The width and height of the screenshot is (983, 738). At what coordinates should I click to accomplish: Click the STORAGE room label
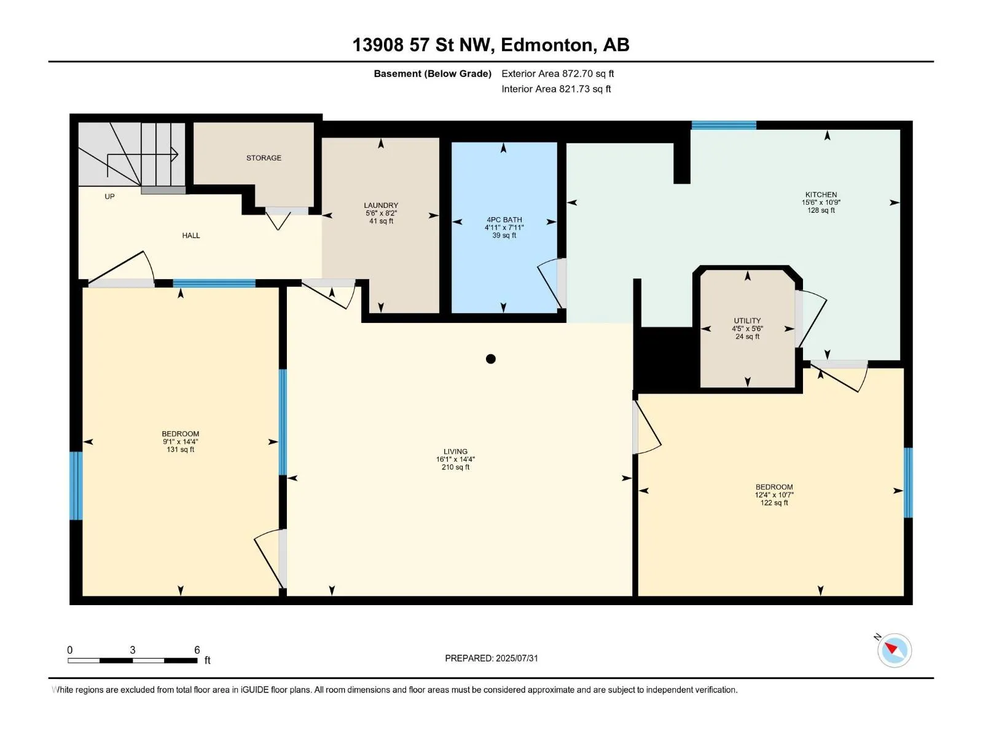pos(264,157)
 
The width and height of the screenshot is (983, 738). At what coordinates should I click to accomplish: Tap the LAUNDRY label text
pos(381,205)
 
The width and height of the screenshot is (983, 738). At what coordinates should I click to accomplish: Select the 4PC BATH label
pos(504,220)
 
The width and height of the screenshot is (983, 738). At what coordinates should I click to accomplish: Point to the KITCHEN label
pos(821,194)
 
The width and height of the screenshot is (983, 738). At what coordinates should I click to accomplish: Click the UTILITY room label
pos(747,320)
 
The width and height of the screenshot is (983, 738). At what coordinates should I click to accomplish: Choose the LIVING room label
pos(455,451)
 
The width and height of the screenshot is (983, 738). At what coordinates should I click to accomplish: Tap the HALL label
pos(191,236)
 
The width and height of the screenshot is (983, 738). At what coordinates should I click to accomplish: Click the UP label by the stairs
pos(110,196)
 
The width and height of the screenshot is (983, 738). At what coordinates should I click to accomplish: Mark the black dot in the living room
pos(490,359)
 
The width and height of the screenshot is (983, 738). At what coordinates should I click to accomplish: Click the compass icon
pos(895,650)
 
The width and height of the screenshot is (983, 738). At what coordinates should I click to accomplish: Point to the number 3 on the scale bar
pos(133,649)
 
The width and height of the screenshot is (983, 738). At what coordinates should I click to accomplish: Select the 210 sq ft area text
pos(455,467)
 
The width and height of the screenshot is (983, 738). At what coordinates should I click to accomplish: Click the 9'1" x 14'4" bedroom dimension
pos(181,442)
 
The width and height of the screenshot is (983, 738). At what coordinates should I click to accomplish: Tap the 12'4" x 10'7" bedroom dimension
pos(774,494)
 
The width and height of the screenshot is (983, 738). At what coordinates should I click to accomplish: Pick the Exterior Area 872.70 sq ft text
pos(558,73)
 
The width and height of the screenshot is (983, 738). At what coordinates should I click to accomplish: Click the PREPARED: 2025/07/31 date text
pos(491,658)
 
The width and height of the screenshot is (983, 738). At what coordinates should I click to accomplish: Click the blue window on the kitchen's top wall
pos(724,125)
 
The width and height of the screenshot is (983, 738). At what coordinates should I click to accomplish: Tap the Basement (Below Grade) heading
pos(433,73)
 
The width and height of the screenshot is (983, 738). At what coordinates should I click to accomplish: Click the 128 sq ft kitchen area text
pos(821,210)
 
